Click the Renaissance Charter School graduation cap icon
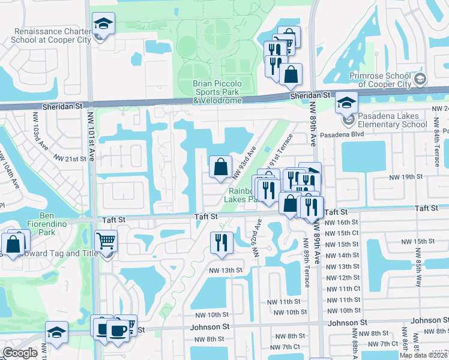coord(103,24)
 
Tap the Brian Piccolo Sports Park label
coord(216,92)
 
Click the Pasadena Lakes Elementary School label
coord(393,120)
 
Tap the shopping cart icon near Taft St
coord(106,241)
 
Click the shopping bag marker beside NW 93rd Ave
coord(221,166)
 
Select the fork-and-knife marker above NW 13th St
coord(221,242)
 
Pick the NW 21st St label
coord(70,158)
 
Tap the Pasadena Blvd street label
coord(343,135)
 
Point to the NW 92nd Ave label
coord(258,238)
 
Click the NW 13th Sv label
coord(225,271)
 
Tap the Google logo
coord(19,353)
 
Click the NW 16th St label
coord(341,222)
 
